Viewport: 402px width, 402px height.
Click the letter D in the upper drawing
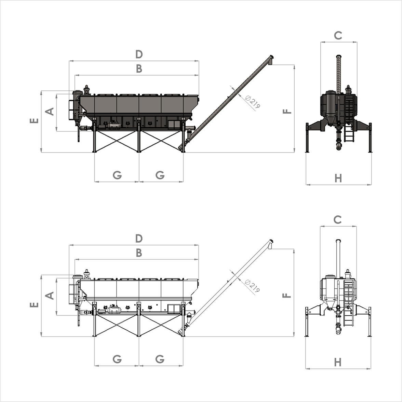139,54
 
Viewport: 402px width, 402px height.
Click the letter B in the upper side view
139,69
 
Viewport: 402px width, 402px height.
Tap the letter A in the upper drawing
50,112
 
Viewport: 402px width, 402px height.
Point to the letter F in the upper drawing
287,112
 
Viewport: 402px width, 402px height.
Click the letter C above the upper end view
338,35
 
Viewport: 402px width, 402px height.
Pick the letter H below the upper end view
338,178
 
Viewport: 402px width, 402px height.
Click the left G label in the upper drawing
117,175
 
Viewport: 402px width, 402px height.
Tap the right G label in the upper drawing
160,175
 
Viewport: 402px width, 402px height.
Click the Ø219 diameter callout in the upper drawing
253,102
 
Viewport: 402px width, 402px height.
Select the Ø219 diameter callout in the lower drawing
253,286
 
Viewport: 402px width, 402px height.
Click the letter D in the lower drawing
139,239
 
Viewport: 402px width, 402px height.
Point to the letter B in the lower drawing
139,253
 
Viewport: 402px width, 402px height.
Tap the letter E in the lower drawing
34,305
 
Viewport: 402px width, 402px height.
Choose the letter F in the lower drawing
287,296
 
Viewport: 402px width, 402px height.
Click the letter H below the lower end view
338,362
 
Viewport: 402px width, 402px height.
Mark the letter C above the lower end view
337,220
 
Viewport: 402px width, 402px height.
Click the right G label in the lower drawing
160,359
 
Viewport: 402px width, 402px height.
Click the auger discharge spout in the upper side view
271,60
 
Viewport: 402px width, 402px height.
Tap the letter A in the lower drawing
50,296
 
